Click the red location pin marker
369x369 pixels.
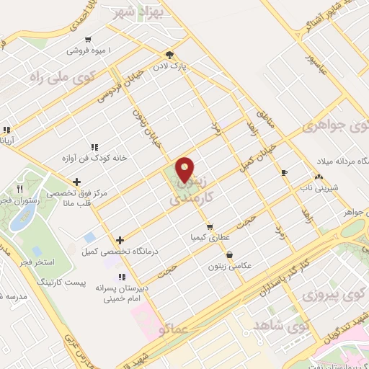[x=185, y=170]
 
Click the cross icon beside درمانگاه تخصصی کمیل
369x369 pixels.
[x=120, y=240]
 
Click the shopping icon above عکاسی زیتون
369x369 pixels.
[x=229, y=254]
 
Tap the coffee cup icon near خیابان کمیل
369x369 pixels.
[x=284, y=172]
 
